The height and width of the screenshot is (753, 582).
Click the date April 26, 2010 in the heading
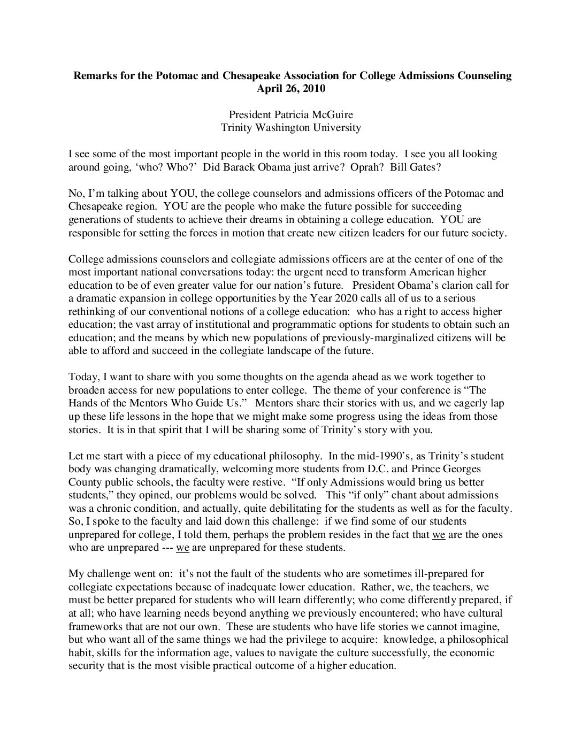point(291,89)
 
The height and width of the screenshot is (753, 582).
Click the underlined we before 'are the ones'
point(439,534)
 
